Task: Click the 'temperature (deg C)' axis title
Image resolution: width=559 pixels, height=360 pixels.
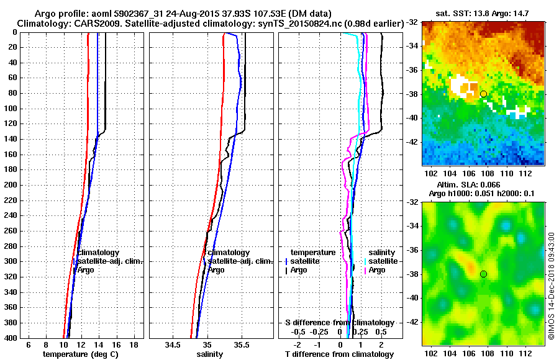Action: click(80, 354)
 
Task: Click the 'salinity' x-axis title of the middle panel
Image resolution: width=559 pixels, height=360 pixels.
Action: click(211, 354)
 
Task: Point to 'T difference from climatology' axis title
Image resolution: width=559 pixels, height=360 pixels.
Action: click(339, 354)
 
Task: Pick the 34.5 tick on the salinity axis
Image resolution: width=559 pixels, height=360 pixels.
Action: click(173, 344)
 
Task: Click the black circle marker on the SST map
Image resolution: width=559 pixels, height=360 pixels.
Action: click(483, 94)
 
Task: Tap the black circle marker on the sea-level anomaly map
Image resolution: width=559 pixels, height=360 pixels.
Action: click(483, 274)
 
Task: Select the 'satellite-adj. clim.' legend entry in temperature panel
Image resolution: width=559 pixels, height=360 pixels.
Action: click(109, 261)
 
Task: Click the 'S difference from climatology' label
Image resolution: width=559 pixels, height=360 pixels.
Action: click(339, 323)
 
